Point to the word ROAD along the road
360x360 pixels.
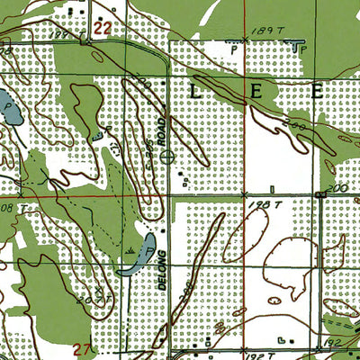(164, 131)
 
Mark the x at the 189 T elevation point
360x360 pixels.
(245, 40)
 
